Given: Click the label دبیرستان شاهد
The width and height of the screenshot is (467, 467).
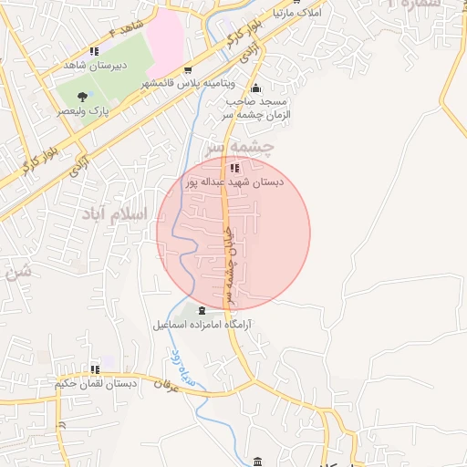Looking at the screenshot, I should [94, 66].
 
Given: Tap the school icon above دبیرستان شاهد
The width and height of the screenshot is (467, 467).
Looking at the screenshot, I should [94, 51].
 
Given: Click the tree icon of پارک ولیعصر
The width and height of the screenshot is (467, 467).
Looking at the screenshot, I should [83, 96].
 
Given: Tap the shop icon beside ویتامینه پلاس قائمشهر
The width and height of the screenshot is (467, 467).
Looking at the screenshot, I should [188, 70].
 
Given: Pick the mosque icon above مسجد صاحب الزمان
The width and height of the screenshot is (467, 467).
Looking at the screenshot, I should [255, 88].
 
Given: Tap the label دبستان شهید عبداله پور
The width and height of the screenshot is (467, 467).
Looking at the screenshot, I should [234, 182].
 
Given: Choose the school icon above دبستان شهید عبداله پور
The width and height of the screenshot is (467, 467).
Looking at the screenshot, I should [234, 167].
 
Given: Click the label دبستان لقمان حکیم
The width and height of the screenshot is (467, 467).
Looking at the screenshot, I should [95, 384].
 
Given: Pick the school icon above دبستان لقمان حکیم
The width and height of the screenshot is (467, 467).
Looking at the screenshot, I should [95, 369].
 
